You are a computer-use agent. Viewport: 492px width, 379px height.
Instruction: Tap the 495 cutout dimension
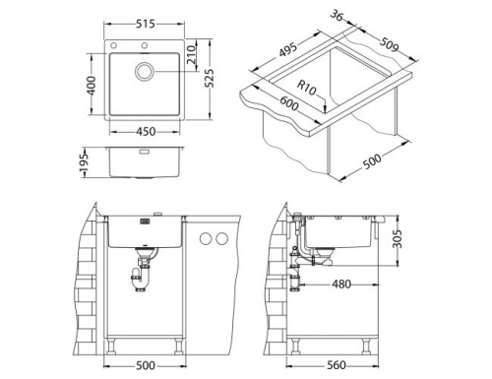286,50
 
